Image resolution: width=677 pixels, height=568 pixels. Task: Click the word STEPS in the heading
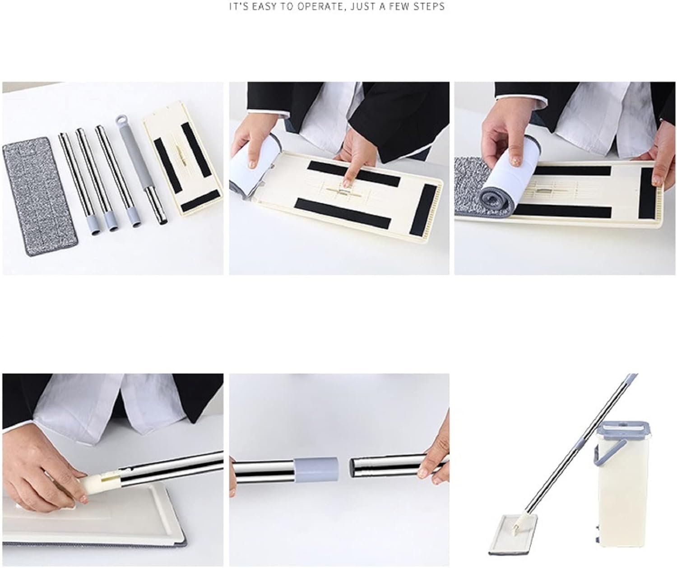click(x=429, y=7)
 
